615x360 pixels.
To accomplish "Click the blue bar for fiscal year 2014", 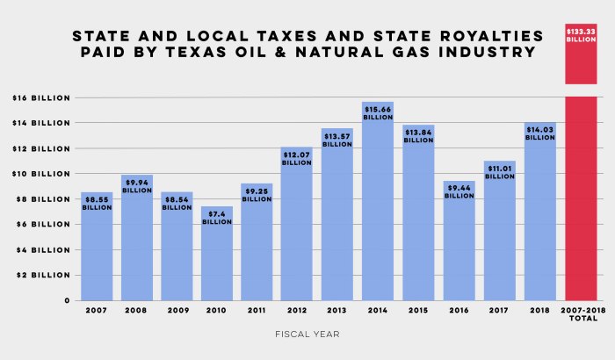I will [378, 211].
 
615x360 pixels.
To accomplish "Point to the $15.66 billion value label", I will [378, 112].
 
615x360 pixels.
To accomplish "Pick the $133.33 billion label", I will [581, 36].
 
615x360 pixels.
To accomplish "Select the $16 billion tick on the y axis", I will [40, 97].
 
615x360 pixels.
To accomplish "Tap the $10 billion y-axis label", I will [40, 174].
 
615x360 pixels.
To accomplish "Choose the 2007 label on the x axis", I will [97, 310].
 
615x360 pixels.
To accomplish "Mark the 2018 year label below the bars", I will [540, 310].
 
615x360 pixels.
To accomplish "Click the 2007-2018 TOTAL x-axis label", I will [581, 313].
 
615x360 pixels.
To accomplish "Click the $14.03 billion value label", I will [540, 133].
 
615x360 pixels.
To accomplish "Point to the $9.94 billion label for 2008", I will [137, 186].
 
